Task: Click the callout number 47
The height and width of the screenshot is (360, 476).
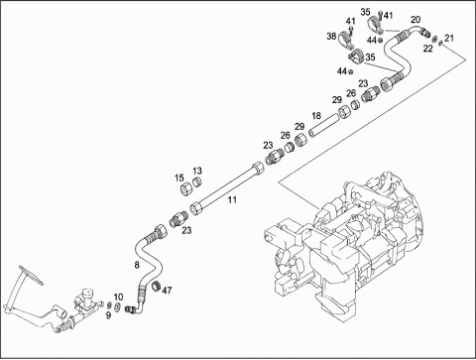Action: click(168, 291)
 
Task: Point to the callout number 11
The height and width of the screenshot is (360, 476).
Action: click(232, 199)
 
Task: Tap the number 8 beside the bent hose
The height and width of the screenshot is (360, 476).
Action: click(137, 265)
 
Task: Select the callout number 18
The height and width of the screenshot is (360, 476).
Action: click(316, 116)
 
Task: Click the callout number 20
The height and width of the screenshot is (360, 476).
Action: click(416, 20)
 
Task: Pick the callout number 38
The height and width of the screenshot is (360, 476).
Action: click(331, 36)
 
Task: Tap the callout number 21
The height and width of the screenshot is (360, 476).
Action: click(449, 38)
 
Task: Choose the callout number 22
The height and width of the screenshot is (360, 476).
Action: click(427, 49)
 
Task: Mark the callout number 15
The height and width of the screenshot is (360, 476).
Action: click(179, 179)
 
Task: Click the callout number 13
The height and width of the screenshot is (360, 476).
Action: click(197, 171)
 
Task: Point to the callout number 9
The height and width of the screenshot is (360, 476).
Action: click(108, 315)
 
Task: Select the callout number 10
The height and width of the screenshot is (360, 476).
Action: click(118, 298)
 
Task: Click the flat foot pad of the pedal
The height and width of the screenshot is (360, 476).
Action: click(31, 275)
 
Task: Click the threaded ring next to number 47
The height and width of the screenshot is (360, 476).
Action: click(156, 286)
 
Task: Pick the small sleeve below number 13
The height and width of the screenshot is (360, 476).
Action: click(197, 181)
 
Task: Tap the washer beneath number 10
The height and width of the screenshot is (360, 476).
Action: click(117, 306)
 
